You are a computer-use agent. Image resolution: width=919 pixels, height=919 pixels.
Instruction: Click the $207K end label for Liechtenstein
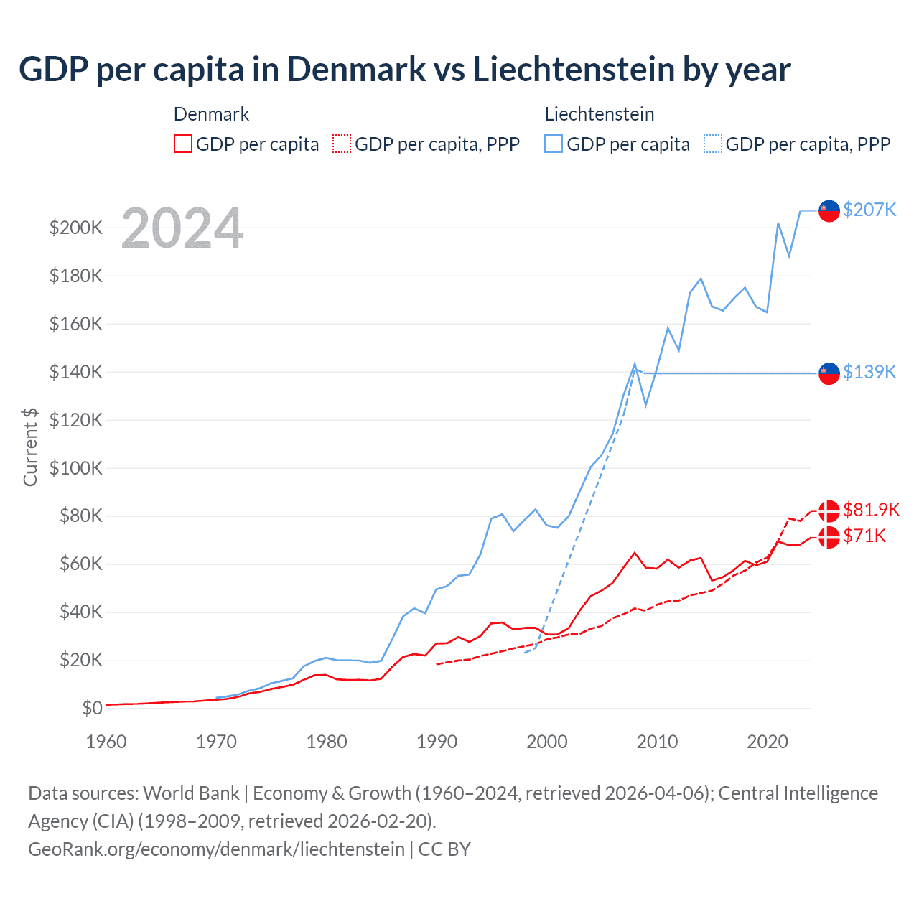[x=869, y=210]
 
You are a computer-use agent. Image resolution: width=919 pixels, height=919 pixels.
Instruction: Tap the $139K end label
[x=869, y=372]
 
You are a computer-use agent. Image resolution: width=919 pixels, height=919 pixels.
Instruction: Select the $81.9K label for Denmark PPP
[x=871, y=510]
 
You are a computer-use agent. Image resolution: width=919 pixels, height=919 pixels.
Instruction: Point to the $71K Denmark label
[x=864, y=536]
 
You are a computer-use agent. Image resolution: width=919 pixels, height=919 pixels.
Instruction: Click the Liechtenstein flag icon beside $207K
[x=829, y=210]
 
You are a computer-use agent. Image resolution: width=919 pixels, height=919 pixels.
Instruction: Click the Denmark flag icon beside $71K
[x=829, y=536]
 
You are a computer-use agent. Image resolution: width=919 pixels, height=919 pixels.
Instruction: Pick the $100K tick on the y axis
[x=76, y=468]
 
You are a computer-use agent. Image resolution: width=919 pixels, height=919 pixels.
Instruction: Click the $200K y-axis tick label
[x=76, y=228]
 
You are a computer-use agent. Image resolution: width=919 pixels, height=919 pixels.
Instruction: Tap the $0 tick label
[x=92, y=708]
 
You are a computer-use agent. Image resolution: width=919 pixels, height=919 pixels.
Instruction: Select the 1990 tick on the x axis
[x=437, y=742]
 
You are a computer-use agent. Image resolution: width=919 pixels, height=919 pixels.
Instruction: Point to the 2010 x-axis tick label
[x=657, y=742]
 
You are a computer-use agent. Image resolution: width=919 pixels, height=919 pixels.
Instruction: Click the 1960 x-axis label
[x=106, y=742]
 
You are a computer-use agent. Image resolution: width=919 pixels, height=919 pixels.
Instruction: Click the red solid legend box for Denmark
[x=183, y=144]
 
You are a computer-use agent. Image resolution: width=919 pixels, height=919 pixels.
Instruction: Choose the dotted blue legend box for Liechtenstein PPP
[x=713, y=144]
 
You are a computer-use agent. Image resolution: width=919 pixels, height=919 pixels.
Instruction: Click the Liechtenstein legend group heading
[x=599, y=114]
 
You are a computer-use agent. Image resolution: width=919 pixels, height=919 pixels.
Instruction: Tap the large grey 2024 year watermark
[x=182, y=228]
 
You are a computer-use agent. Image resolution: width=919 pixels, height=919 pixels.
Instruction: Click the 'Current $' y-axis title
[x=30, y=447]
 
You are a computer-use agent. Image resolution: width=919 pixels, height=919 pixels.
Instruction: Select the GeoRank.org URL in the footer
[x=216, y=849]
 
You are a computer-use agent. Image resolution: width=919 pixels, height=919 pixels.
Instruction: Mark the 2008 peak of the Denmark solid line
[x=635, y=553]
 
